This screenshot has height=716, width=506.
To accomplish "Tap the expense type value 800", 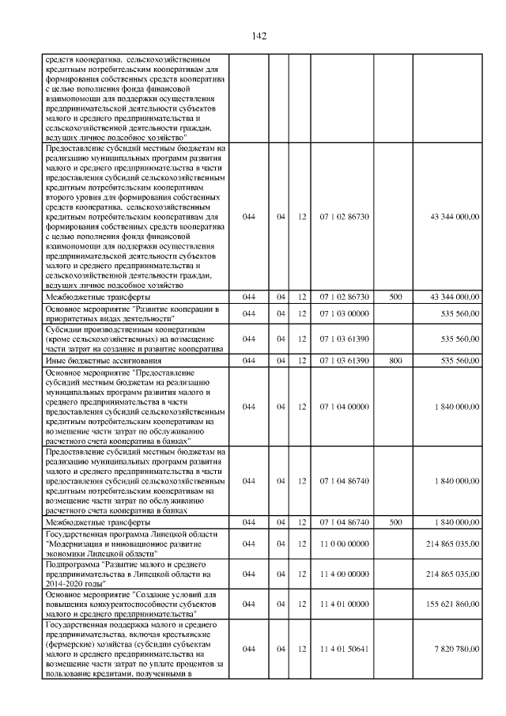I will click(x=396, y=360).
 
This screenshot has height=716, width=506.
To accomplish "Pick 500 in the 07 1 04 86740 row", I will click(x=396, y=523).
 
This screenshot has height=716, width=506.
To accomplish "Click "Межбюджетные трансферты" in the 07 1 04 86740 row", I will click(x=89, y=523).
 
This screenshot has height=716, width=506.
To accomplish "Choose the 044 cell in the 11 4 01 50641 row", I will click(x=249, y=649).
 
